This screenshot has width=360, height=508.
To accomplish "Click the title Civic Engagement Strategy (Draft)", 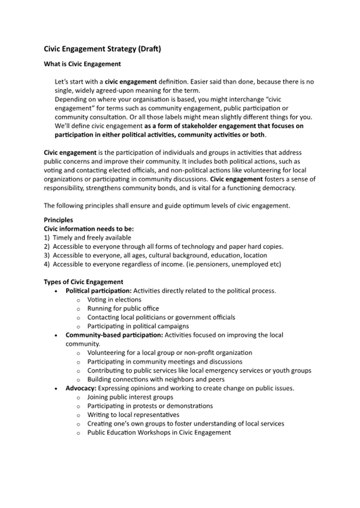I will coord(102,49).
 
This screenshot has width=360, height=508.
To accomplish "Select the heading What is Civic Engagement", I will coord(82,64).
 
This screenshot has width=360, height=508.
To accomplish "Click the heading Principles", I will coord(58,220).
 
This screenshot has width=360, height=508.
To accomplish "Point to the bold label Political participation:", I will coord(98,291).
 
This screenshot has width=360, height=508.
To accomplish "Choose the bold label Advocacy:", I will coord(81,388).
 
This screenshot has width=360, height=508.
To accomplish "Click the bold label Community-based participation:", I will coord(114,335).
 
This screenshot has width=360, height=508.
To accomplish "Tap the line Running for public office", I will coord(123,308).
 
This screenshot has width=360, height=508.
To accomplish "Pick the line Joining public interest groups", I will coord(130,397).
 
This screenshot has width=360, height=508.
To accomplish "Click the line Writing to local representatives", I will coord(133,415).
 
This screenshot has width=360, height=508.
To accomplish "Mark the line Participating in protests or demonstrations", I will coord(150,406).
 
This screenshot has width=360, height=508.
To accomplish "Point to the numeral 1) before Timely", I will coord(47,237).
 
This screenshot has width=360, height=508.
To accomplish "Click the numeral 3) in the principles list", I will coord(47,255).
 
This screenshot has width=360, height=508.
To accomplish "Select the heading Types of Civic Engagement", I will coord(83,281).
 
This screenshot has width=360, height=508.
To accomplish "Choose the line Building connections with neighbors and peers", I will coord(156,379).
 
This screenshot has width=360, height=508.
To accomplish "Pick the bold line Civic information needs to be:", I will coord(85,229).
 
